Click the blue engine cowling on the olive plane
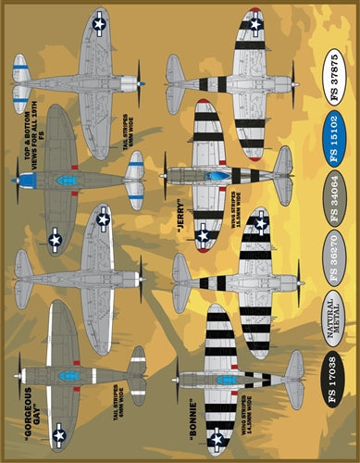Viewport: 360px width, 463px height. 27,180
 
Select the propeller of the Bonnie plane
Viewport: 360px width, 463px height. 177,380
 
